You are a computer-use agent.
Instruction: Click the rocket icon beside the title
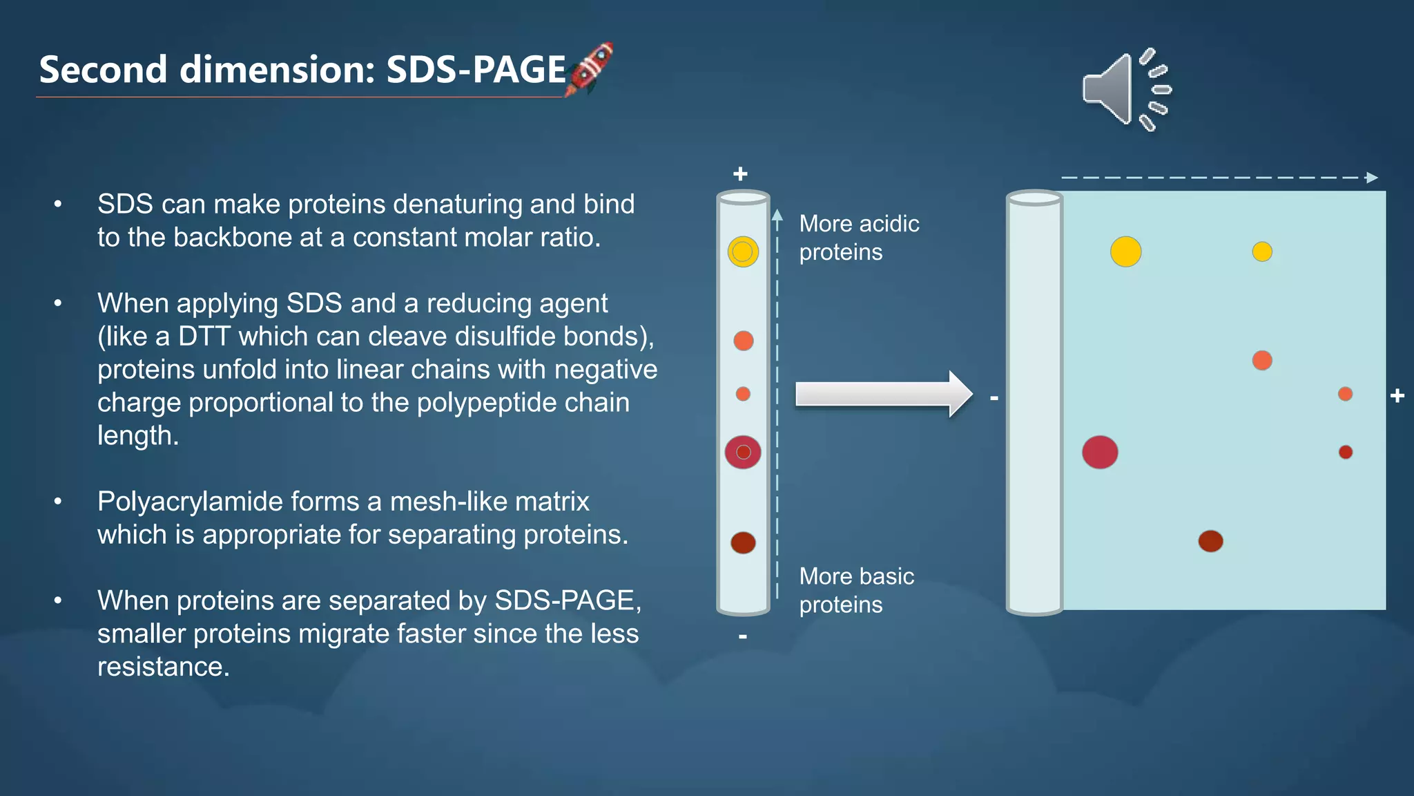pyautogui.click(x=589, y=69)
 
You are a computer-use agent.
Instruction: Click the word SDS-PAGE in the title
pyautogui.click(x=476, y=70)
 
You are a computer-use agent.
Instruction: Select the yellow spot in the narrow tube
pyautogui.click(x=743, y=252)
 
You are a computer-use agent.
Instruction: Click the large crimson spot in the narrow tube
pyautogui.click(x=743, y=453)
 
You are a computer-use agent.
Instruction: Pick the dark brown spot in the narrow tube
pyautogui.click(x=743, y=542)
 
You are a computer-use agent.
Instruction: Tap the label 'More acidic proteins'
pyautogui.click(x=858, y=238)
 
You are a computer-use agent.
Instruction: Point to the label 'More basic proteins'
pyautogui.click(x=856, y=590)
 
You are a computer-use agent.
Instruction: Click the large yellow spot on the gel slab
pyautogui.click(x=1125, y=252)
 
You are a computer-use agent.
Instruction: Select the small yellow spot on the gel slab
pyautogui.click(x=1262, y=252)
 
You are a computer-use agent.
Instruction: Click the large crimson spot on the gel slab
pyautogui.click(x=1100, y=453)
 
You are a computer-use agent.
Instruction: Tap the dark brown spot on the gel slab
pyautogui.click(x=1210, y=541)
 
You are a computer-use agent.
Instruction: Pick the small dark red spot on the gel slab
pyautogui.click(x=1346, y=453)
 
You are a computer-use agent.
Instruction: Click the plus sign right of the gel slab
pyautogui.click(x=1397, y=396)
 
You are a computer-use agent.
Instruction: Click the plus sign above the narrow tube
pyautogui.click(x=740, y=173)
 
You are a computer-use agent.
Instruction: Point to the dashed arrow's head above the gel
pyautogui.click(x=1371, y=178)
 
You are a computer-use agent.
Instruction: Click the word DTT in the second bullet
pyautogui.click(x=204, y=337)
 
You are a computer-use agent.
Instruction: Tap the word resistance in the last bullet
pyautogui.click(x=162, y=667)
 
